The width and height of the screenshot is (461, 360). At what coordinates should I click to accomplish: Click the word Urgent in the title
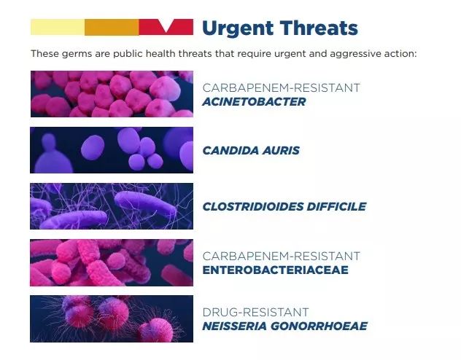(x=238, y=28)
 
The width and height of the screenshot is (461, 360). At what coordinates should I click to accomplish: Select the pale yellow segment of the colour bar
(x=58, y=27)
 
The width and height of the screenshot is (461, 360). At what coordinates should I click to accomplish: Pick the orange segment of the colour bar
(x=112, y=27)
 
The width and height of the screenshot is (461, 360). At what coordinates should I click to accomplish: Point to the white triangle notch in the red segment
(x=166, y=24)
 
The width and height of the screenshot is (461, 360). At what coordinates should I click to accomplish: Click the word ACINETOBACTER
(x=254, y=101)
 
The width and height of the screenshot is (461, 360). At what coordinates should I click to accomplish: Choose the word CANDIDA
(x=230, y=150)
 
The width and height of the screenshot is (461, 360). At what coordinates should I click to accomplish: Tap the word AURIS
(x=281, y=150)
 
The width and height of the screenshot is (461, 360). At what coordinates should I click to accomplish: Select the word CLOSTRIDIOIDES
(x=253, y=206)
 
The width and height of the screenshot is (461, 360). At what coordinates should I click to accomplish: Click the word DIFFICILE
(x=337, y=206)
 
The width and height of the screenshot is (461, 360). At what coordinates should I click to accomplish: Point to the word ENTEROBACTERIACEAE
(x=276, y=270)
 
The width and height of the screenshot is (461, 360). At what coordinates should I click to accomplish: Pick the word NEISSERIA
(x=234, y=326)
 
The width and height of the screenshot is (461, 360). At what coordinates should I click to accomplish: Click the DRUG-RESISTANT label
(x=255, y=312)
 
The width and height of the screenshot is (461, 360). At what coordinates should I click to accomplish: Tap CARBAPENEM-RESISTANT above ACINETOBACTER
(x=281, y=87)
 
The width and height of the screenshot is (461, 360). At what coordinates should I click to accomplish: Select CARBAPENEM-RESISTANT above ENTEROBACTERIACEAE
(x=281, y=256)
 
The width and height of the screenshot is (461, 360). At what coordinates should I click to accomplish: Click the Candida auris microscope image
(x=112, y=150)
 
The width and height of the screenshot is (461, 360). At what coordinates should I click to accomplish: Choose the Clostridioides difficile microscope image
(x=112, y=206)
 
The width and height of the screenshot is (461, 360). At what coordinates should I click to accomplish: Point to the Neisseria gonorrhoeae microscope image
(x=112, y=318)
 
